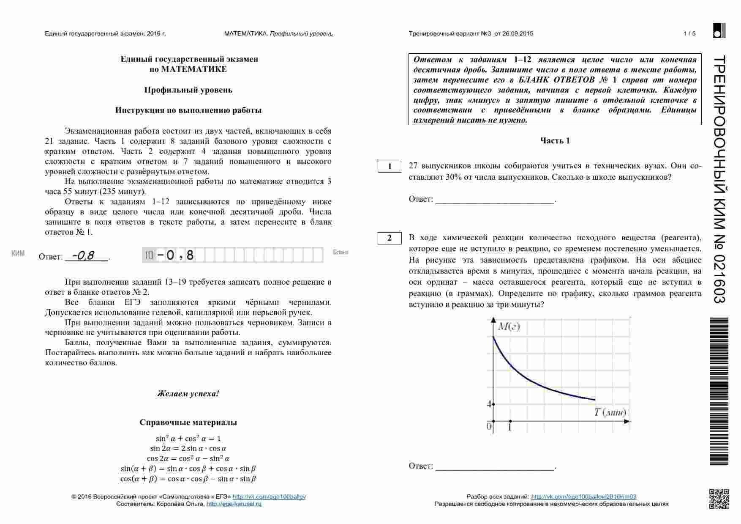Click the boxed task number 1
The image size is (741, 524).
pos(390,167)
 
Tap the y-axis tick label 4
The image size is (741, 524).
pos(489,404)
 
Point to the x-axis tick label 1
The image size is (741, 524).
pos(510,428)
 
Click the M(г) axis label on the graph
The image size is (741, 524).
pos(509,326)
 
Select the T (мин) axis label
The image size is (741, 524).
pos(610,412)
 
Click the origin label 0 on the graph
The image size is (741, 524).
pos(489,426)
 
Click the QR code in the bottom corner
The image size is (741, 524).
pos(719,499)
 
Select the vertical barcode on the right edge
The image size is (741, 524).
pos(719,391)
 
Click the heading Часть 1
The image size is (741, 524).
pos(555,141)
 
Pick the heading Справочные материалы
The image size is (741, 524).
pos(188,422)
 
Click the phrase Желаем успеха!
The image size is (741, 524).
pos(188,394)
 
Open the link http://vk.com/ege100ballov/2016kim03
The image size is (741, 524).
pos(583,497)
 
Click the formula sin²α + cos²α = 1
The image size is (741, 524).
pos(188,439)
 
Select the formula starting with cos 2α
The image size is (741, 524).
pos(188,458)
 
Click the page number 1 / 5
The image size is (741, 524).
pos(689,34)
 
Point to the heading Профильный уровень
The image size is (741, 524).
pos(188,90)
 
